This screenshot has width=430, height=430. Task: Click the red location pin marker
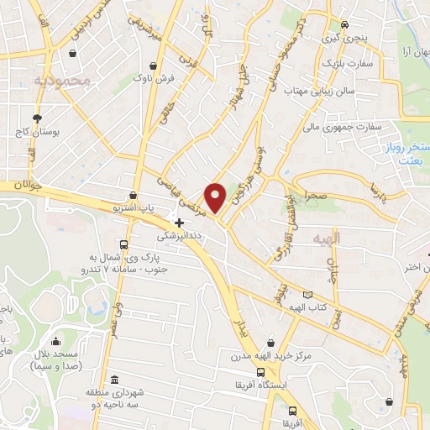click(216, 197)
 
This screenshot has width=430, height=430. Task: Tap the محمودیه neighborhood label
click(61, 80)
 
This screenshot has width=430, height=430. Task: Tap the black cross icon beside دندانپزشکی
click(179, 223)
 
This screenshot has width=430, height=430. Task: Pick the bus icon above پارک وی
click(123, 244)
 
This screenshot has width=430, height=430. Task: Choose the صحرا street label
click(316, 195)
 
